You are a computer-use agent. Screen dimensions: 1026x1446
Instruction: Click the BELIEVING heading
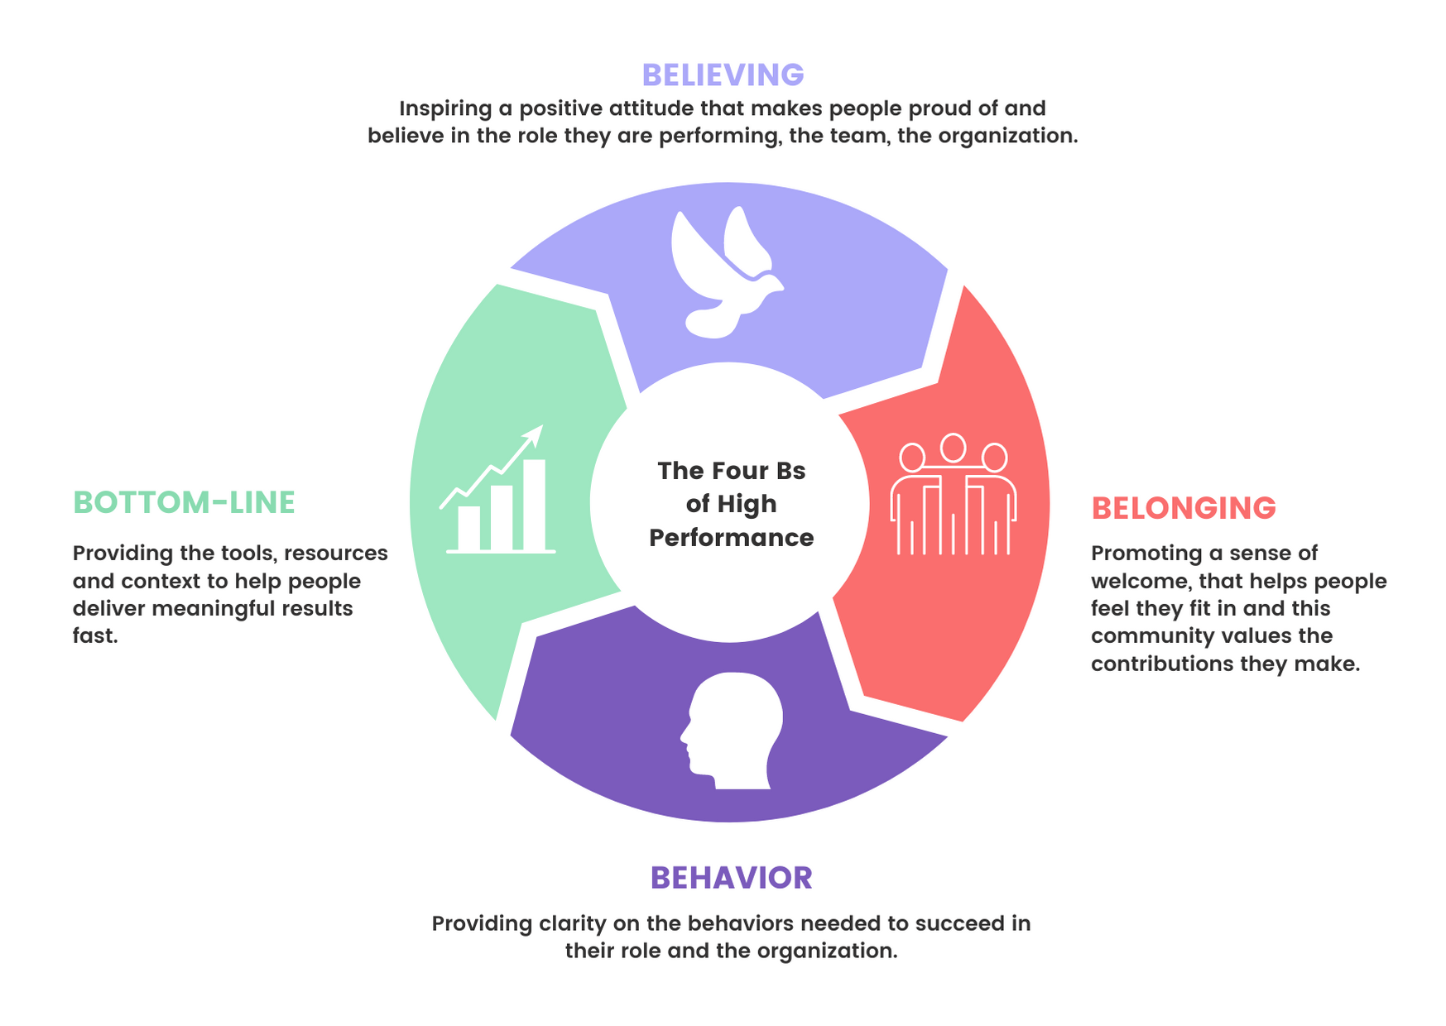(723, 75)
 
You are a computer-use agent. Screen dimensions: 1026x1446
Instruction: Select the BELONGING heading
(1183, 508)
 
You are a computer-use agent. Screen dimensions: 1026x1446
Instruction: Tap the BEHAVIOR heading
(731, 878)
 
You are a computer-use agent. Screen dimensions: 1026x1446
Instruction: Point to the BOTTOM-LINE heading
(184, 502)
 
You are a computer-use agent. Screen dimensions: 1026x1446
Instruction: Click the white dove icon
(725, 273)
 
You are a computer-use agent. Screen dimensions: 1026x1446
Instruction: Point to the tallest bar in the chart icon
(534, 504)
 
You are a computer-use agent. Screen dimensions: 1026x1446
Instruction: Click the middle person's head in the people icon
(954, 448)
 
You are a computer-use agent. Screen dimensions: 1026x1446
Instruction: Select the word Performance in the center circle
(731, 538)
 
